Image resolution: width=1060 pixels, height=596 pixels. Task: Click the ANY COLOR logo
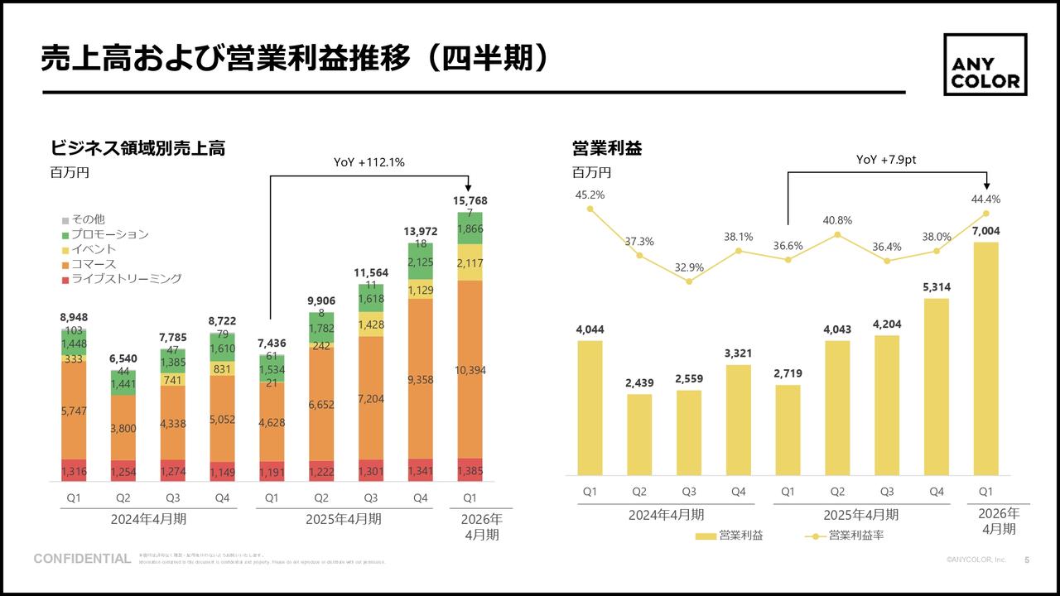985,65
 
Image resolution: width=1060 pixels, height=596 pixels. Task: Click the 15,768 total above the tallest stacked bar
470,201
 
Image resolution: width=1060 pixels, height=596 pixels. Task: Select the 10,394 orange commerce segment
470,370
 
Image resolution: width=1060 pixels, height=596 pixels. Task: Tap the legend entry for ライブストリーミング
121,279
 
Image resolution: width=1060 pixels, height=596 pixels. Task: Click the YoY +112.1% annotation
369,163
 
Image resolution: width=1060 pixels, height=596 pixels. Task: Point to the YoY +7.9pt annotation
886,160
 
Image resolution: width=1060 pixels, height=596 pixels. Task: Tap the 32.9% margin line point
689,281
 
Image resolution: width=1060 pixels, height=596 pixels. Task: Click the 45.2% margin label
590,195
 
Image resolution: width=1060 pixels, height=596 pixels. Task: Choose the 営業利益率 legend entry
845,536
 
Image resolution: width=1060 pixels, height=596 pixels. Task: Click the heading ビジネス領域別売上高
137,148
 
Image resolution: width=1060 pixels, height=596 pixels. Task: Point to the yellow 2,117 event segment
470,262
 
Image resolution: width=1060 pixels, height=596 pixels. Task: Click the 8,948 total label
74,317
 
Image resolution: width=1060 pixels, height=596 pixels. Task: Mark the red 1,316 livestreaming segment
74,470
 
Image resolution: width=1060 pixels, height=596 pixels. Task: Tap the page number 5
1027,560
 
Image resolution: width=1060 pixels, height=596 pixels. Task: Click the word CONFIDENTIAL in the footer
82,560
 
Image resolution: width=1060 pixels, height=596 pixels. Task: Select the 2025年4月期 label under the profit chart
860,515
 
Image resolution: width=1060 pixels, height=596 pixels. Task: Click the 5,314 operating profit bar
937,387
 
